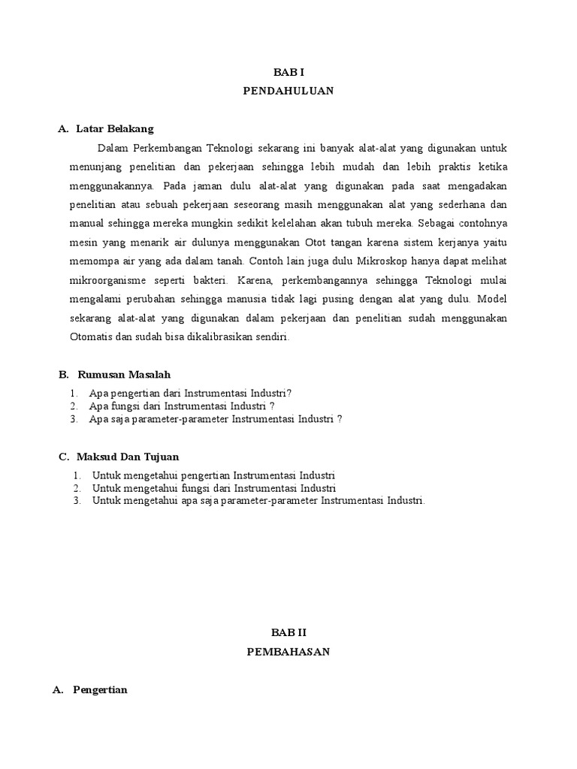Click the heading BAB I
click(x=288, y=72)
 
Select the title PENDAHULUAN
click(x=288, y=91)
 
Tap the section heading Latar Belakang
click(x=114, y=129)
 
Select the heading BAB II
click(x=288, y=634)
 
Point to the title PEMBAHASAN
click(x=288, y=653)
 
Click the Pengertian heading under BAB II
click(x=101, y=690)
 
